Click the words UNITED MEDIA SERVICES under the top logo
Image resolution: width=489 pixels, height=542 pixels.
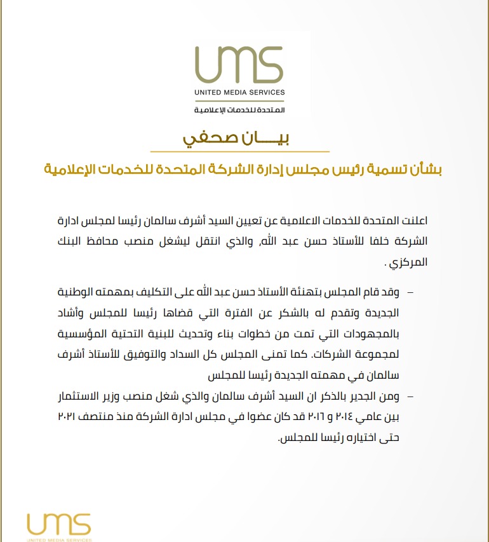coord(240,92)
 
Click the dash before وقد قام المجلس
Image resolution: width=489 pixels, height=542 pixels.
coord(409,292)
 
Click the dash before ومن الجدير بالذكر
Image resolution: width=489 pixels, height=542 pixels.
coord(409,397)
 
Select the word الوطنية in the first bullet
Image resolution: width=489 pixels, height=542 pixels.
coord(81,292)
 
